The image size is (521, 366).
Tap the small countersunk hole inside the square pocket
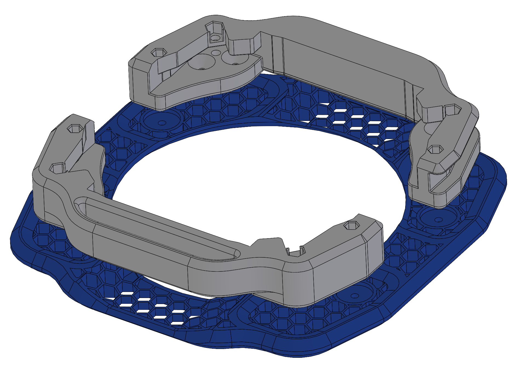pyautogui.click(x=215, y=38)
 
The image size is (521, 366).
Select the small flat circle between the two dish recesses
pyautogui.click(x=216, y=53)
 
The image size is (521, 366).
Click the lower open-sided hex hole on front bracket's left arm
pyautogui.click(x=58, y=168)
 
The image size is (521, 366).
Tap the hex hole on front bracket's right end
pyautogui.click(x=351, y=226)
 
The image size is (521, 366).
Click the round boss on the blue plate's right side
pyautogui.click(x=437, y=219)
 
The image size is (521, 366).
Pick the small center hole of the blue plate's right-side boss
pyautogui.click(x=438, y=220)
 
